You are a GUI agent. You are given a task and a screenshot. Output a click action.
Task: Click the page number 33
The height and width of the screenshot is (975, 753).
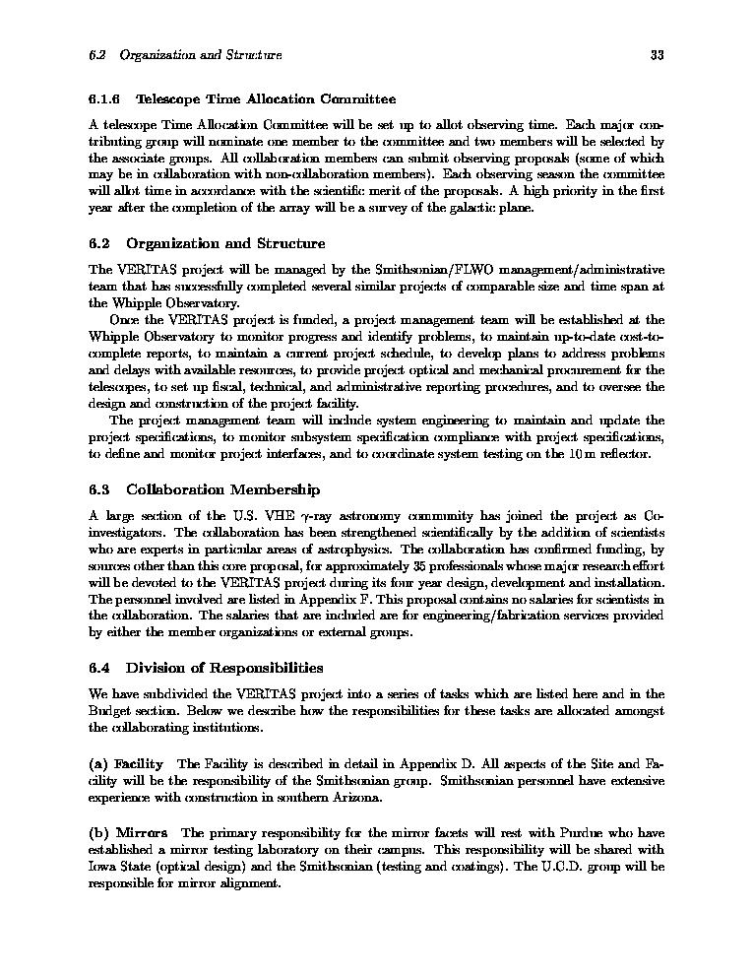click(657, 55)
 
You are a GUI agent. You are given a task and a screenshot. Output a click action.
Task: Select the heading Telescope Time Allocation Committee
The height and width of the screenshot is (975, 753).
click(265, 99)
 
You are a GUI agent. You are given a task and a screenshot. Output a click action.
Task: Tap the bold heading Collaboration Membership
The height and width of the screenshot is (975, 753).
click(222, 489)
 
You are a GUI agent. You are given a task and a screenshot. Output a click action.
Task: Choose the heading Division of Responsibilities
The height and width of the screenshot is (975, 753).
click(224, 668)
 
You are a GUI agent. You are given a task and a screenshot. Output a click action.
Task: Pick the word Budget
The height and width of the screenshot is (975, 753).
click(109, 711)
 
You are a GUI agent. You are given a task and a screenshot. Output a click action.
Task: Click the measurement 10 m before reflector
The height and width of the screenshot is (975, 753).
click(573, 454)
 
